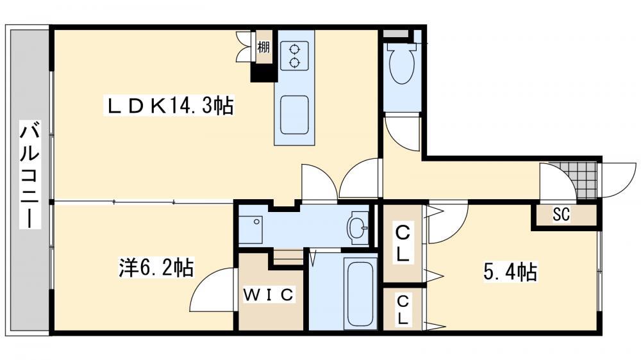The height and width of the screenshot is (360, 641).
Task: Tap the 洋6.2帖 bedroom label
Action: tap(156, 268)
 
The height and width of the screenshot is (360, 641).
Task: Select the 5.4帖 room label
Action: tap(510, 272)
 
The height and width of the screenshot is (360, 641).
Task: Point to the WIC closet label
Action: tap(269, 295)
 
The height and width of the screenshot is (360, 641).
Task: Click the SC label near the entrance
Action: tap(562, 214)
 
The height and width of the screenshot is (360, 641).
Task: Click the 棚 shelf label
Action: tap(263, 47)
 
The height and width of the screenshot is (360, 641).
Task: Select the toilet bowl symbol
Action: tap(403, 64)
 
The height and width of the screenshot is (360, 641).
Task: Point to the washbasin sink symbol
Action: tap(357, 227)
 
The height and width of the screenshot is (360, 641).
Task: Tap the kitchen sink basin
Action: tap(294, 115)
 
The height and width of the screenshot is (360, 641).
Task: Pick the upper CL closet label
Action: tap(403, 243)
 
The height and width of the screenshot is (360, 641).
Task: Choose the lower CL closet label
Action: tap(403, 310)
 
